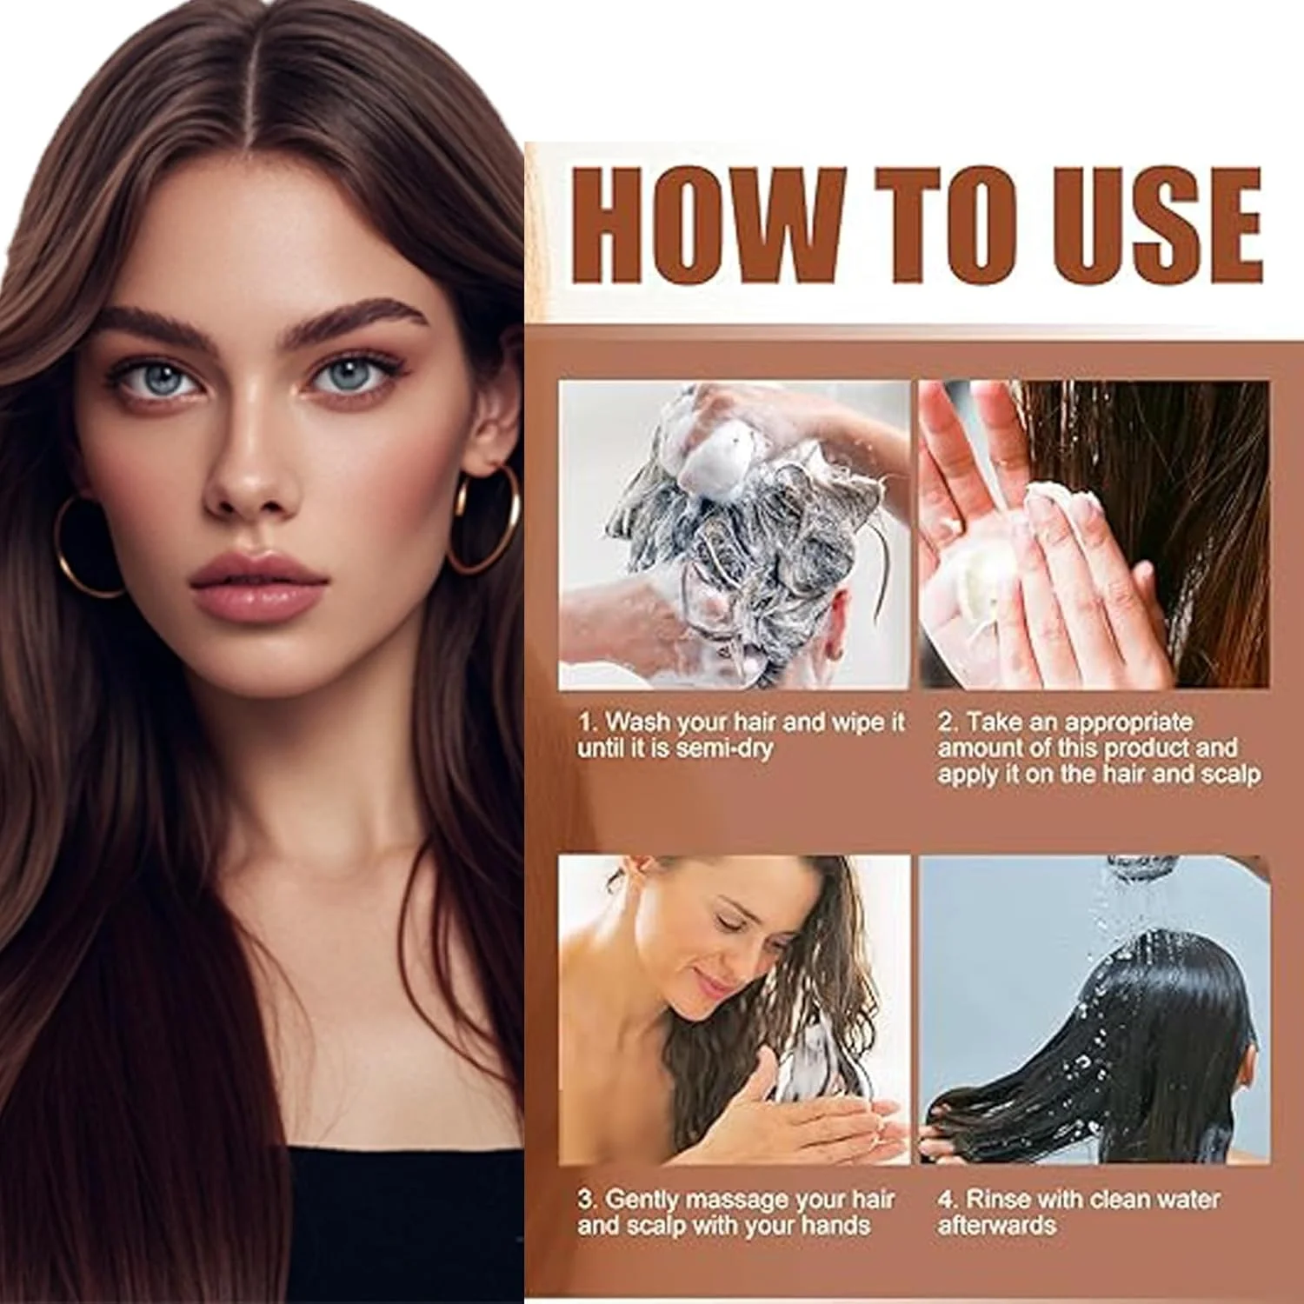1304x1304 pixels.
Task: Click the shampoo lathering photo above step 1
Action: click(x=734, y=535)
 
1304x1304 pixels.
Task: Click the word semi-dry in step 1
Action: click(x=723, y=748)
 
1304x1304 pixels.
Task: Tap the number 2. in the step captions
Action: click(x=948, y=722)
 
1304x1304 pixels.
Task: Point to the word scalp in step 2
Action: click(x=1230, y=775)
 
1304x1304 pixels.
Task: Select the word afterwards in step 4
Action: click(x=996, y=1226)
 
